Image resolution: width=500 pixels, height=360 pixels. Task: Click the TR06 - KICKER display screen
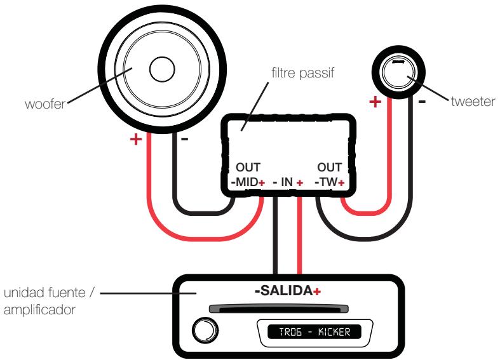pos(309,331)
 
